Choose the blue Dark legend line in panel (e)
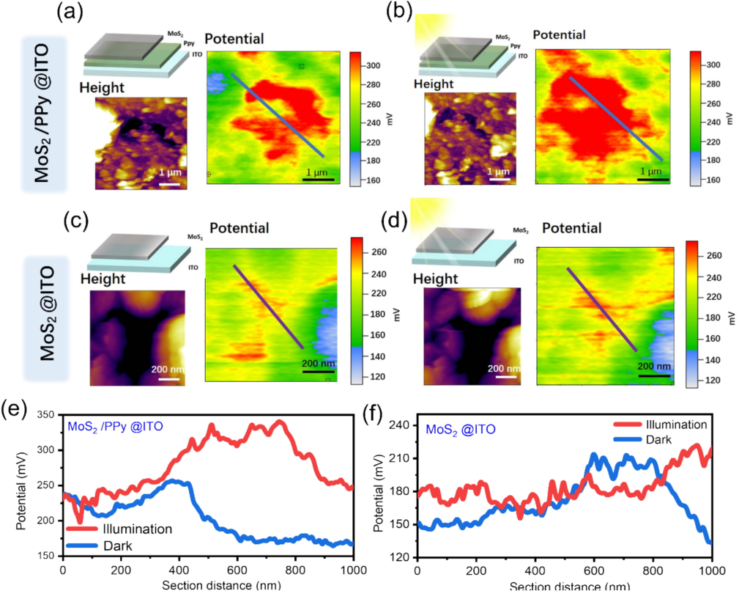coord(83,546)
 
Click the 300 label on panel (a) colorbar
coord(374,66)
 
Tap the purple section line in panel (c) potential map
coord(267,306)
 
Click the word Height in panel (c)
coord(103,279)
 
